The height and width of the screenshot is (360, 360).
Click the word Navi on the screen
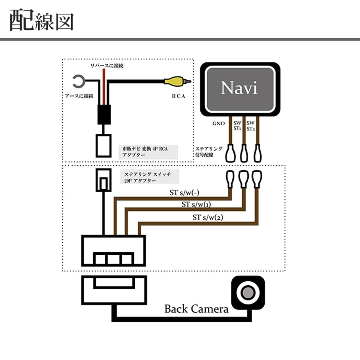pos(239,88)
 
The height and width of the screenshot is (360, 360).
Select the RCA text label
pos(178,96)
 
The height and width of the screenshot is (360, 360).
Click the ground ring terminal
pos(78,81)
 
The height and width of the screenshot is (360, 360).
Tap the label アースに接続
pos(79,96)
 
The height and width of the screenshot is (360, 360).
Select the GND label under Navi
pos(218,124)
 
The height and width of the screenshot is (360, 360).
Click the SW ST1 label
pos(237,126)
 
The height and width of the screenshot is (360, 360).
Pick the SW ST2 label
pos(250,126)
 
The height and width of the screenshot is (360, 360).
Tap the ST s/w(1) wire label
pos(196,205)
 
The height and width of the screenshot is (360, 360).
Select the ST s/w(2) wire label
pos(208,217)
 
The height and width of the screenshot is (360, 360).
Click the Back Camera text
pos(196,309)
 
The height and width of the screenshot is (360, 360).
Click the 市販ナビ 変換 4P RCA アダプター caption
pos(145,152)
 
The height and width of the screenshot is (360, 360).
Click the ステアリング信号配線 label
pos(209,152)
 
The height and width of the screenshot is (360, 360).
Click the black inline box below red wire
pos(104,114)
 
